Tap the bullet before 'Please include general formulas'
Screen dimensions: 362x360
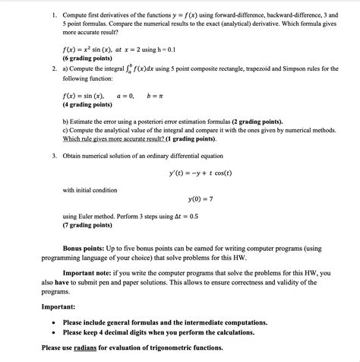tap(52, 322)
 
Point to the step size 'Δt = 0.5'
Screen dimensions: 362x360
tap(182, 216)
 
